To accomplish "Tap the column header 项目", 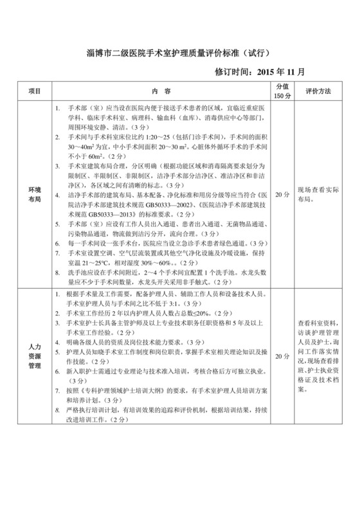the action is (35, 92).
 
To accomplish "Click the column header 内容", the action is (161, 92).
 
